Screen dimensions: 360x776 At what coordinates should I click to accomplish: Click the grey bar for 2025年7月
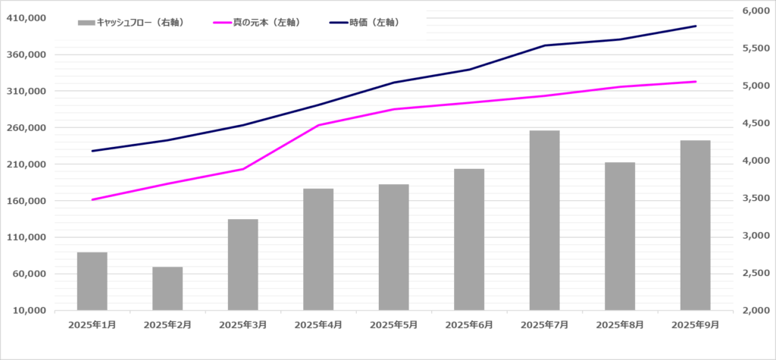(x=544, y=220)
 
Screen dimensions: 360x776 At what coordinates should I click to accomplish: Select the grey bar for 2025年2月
(x=167, y=288)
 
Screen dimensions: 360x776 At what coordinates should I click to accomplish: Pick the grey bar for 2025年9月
(x=695, y=225)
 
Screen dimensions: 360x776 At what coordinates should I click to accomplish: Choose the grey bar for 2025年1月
(x=92, y=280)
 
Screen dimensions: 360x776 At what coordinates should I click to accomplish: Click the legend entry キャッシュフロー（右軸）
(x=132, y=23)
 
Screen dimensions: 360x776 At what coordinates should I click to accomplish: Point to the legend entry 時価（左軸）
(x=365, y=23)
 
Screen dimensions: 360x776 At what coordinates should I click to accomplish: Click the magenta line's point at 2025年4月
(x=318, y=125)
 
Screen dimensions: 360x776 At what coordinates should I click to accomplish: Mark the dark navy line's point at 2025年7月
(x=544, y=45)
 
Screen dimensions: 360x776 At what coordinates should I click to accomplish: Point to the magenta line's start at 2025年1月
(x=92, y=199)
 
